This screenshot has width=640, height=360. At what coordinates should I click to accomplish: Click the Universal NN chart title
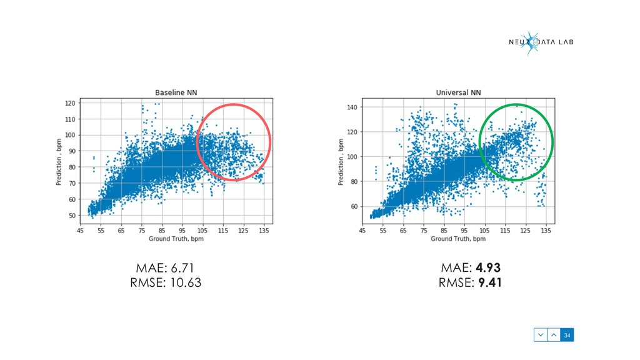(458, 93)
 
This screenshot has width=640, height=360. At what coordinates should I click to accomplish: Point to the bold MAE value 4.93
(488, 268)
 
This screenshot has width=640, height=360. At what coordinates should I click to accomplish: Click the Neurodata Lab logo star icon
(530, 42)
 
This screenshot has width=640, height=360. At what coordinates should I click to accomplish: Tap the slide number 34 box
(567, 336)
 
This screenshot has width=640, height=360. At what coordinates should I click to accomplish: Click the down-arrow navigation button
(540, 336)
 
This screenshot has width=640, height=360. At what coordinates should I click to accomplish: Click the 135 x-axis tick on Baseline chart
(264, 231)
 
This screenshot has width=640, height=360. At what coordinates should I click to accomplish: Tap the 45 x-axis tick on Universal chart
(362, 231)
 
